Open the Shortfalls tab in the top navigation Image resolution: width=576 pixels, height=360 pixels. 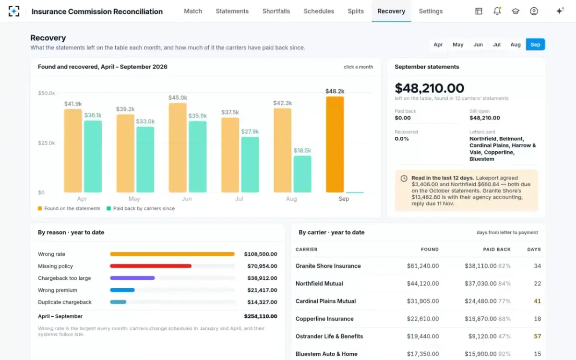pyautogui.click(x=276, y=12)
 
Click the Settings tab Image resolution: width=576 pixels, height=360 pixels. pyautogui.click(x=431, y=12)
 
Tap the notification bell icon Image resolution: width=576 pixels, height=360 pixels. pyautogui.click(x=497, y=11)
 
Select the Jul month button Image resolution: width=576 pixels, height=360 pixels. pyautogui.click(x=496, y=45)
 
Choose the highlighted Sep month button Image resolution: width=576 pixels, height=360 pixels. pyautogui.click(x=535, y=45)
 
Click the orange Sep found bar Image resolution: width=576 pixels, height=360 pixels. pyautogui.click(x=335, y=144)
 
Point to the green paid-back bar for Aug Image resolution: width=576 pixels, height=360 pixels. pyautogui.click(x=302, y=174)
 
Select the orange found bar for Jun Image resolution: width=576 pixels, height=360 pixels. pyautogui.click(x=178, y=148)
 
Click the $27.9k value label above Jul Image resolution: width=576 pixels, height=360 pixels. pyautogui.click(x=250, y=132)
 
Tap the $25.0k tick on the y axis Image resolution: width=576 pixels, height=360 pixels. pyautogui.click(x=47, y=143)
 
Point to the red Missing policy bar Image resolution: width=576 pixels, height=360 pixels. pyautogui.click(x=151, y=266)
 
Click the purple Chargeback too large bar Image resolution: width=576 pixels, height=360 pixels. pyautogui.click(x=132, y=278)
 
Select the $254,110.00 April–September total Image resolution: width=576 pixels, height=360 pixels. pyautogui.click(x=261, y=316)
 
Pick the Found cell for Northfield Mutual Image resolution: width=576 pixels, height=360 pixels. pyautogui.click(x=423, y=283)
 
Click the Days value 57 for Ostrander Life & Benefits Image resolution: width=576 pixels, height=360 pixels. pyautogui.click(x=538, y=336)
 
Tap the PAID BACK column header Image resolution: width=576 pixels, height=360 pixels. pyautogui.click(x=497, y=250)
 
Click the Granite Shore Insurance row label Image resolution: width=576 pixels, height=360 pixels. pyautogui.click(x=328, y=266)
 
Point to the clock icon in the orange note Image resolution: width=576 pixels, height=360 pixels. pyautogui.click(x=404, y=178)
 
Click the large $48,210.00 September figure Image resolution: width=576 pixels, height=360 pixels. pyautogui.click(x=430, y=88)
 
